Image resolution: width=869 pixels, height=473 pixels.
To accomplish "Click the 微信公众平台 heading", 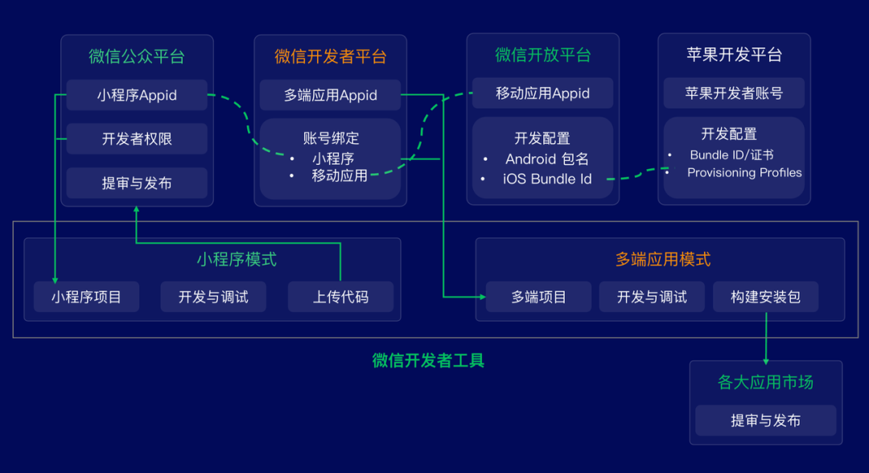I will tap(137, 56).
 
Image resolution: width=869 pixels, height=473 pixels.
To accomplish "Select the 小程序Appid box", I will tap(137, 95).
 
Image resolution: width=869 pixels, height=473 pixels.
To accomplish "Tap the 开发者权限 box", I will tap(137, 138).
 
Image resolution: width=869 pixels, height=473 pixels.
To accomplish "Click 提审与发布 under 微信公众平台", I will tap(137, 183).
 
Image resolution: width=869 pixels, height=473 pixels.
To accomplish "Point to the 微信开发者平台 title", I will tap(331, 56).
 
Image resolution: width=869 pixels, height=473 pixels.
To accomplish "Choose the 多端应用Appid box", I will tap(331, 95).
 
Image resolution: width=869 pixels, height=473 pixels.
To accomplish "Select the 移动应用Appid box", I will tap(543, 93).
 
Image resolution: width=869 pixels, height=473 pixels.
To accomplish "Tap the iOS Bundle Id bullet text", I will tap(547, 179).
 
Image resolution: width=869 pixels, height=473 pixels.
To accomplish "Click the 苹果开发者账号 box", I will tap(734, 93).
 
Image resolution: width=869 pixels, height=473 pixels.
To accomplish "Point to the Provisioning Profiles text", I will tap(744, 172).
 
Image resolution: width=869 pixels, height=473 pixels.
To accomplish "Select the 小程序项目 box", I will tap(86, 297).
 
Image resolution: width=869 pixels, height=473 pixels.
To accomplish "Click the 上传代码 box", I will tap(340, 297).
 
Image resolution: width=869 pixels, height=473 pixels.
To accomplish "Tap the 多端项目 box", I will tap(539, 297).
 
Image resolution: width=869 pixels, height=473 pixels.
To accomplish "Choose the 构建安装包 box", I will tap(765, 297).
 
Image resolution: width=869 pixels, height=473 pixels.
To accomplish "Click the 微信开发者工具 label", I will tap(428, 360).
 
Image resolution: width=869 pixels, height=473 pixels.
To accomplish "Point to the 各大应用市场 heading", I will tap(765, 382).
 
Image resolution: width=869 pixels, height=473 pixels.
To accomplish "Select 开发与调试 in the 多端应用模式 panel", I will tap(652, 297).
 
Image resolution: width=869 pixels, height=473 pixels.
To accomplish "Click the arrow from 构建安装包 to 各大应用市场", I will tap(765, 338).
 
